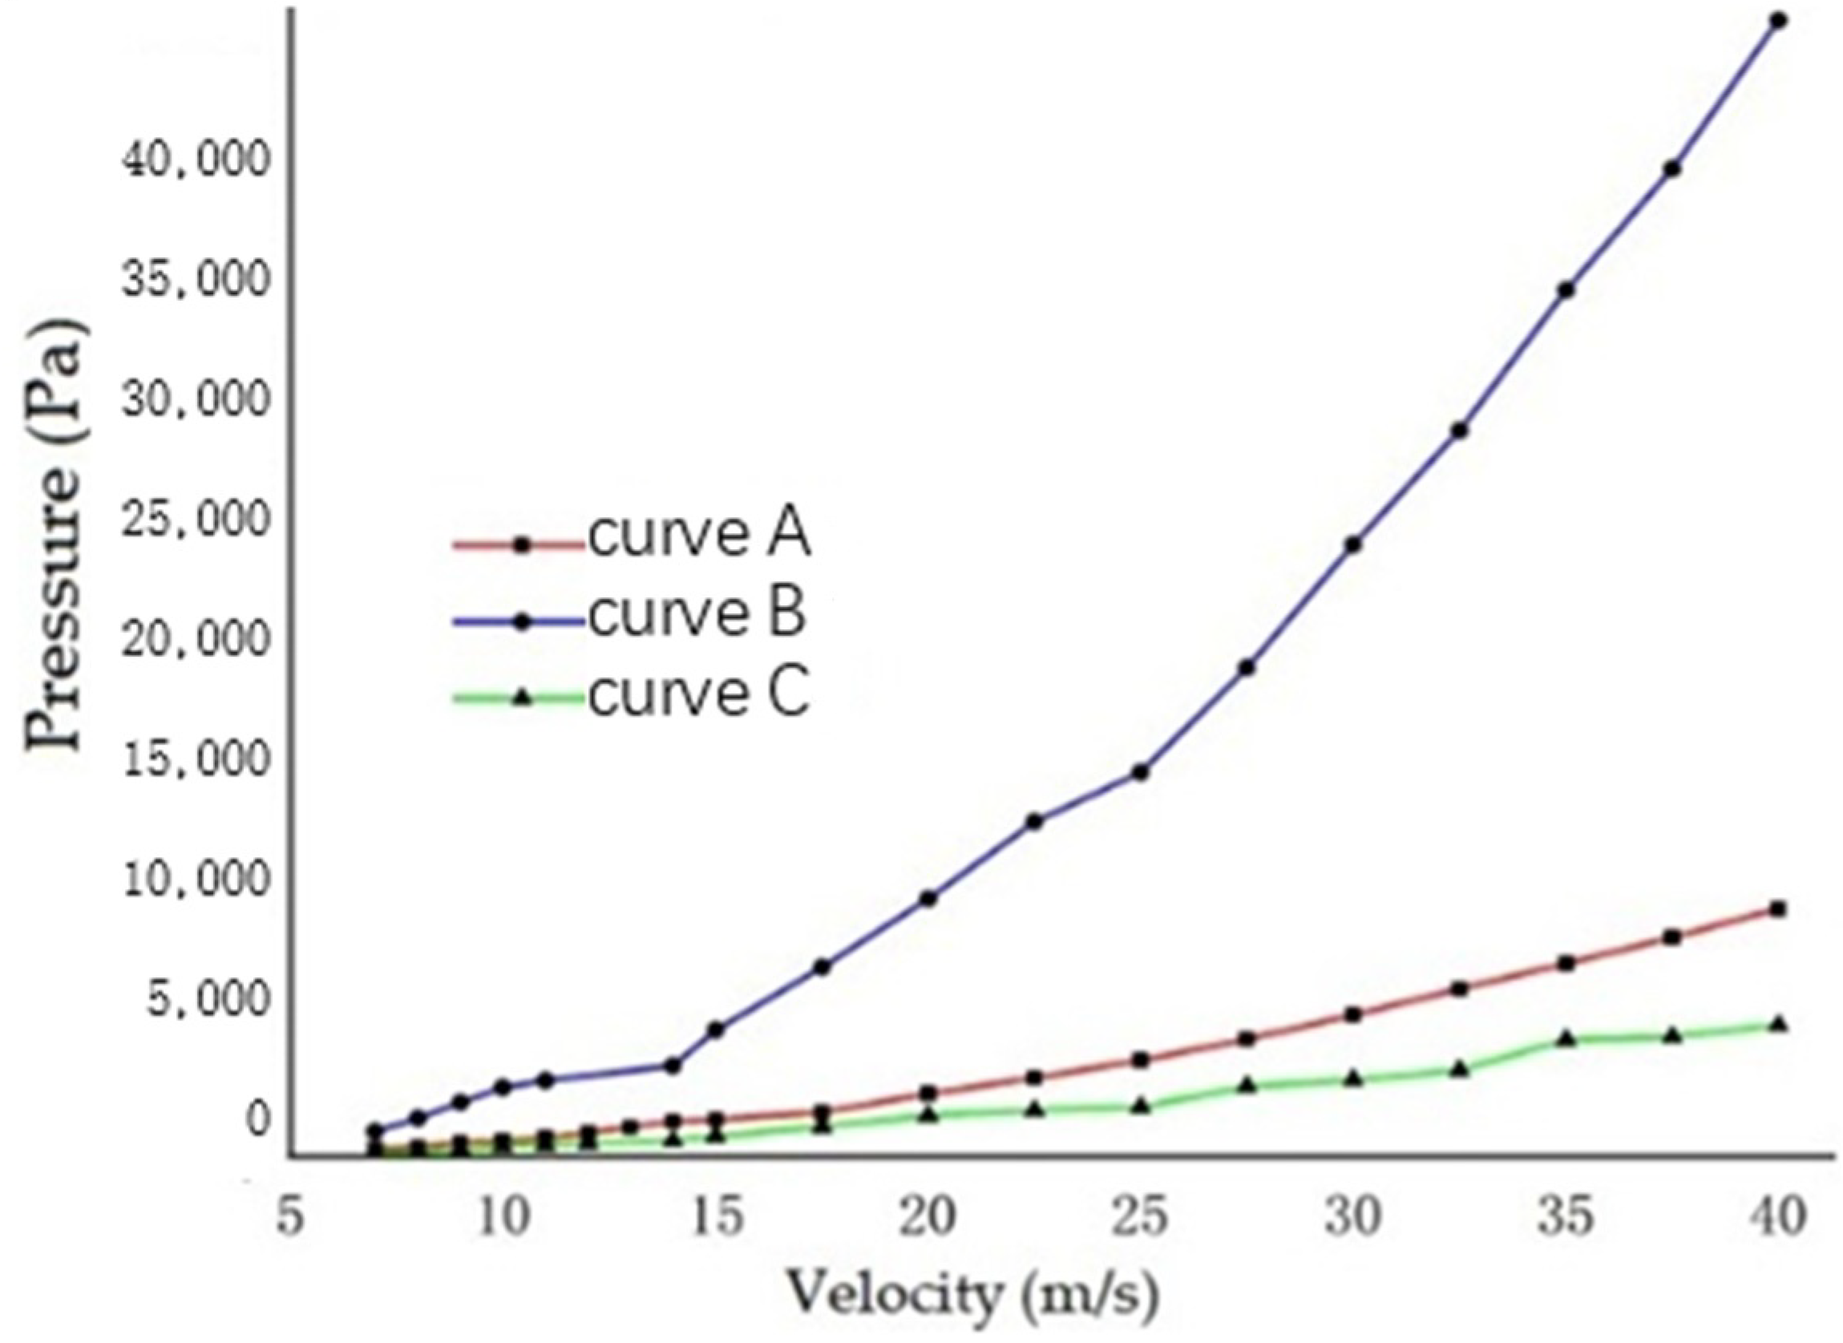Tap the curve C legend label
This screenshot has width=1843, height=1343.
tap(699, 695)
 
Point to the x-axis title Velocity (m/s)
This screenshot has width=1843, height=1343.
tap(972, 1292)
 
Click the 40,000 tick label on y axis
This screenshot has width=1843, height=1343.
tap(194, 162)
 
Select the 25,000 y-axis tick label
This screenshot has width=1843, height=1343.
tap(194, 521)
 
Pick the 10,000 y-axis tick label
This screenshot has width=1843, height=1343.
tap(194, 880)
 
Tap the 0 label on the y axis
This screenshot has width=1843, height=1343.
tap(257, 1119)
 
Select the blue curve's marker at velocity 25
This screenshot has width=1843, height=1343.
tap(1140, 772)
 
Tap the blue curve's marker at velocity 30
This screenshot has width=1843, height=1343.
tap(1353, 544)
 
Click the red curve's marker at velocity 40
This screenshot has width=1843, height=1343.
tap(1778, 909)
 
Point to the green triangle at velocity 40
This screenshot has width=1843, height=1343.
tap(1778, 1024)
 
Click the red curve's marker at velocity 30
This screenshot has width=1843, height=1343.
tap(1353, 1014)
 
